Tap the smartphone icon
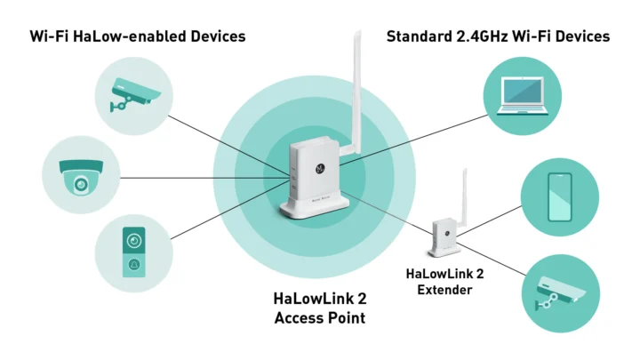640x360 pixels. click(x=559, y=196)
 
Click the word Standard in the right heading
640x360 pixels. click(x=418, y=36)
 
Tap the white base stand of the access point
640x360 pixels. click(x=316, y=210)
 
